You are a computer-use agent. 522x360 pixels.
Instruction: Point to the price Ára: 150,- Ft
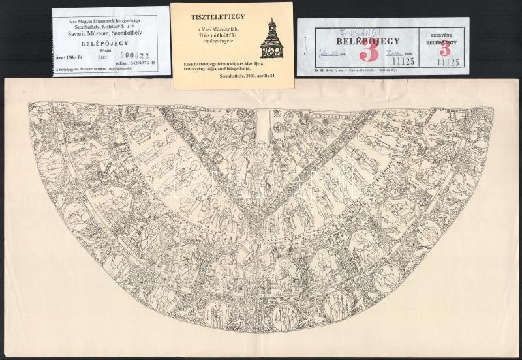tap(71, 56)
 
